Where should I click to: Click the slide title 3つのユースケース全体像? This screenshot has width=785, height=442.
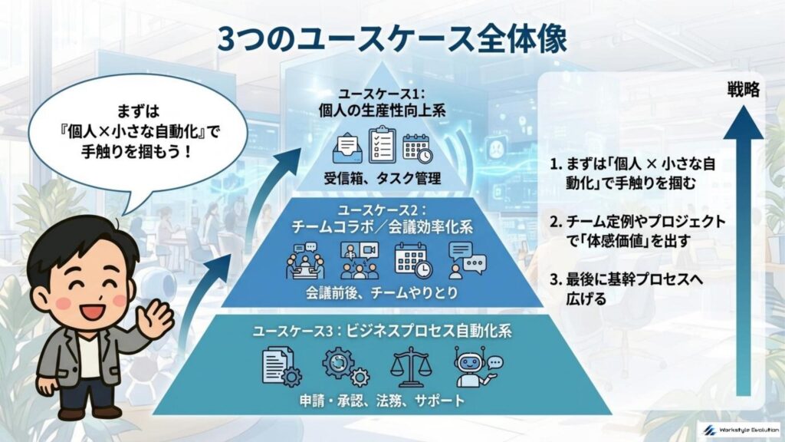click(392, 39)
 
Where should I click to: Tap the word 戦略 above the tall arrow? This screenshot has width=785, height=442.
click(743, 91)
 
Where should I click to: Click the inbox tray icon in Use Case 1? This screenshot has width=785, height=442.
click(350, 148)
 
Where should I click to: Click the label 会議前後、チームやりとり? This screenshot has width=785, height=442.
click(392, 292)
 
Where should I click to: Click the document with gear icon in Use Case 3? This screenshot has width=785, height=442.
click(281, 366)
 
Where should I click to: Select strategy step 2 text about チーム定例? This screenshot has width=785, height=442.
click(637, 230)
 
